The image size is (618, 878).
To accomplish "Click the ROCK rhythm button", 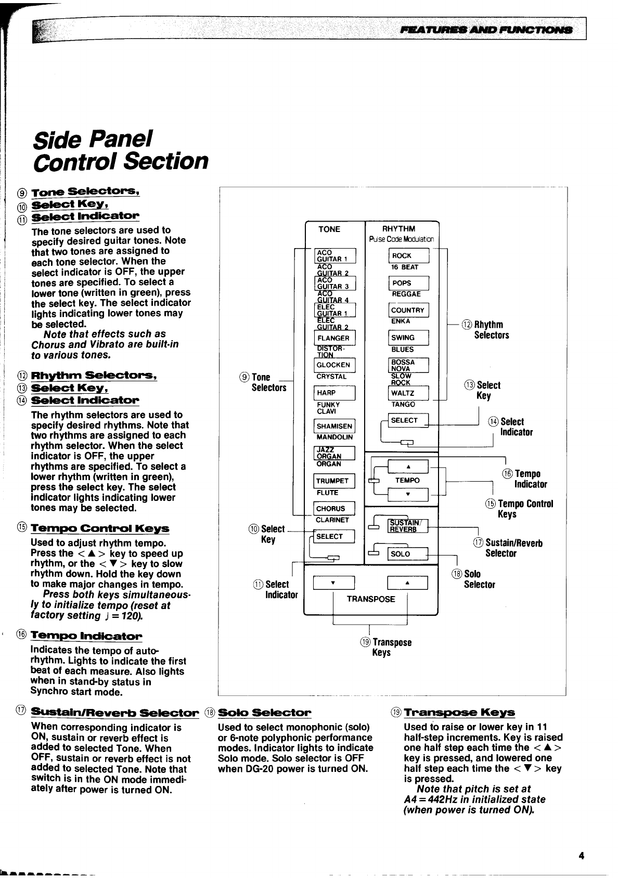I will (408, 256).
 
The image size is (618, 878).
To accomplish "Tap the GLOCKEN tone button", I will (334, 365).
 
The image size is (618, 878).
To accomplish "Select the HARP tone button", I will (334, 393).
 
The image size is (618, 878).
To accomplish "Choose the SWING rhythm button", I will (408, 338).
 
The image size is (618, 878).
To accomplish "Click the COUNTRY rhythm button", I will (408, 311).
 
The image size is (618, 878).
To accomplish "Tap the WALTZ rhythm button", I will (408, 393).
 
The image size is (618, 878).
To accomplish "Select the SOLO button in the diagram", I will (408, 554).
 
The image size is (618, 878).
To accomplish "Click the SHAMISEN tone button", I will (334, 426).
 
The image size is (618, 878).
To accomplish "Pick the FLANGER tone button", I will (334, 338).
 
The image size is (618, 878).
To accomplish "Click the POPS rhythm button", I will (408, 283).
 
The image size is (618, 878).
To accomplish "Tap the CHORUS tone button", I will (334, 509).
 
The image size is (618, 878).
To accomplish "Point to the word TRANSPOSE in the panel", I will (371, 599).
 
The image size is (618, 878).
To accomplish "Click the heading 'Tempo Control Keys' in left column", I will (100, 528).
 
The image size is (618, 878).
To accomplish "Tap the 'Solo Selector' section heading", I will (264, 712).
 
